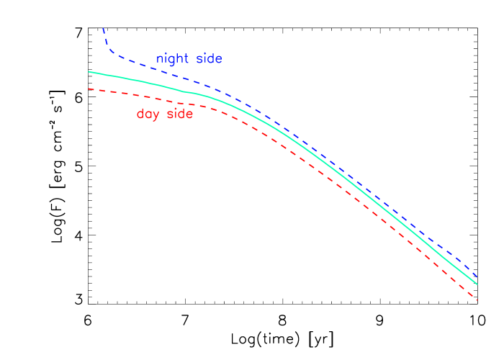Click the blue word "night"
tap(173, 59)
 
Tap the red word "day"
tap(149, 114)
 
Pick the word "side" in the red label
tap(180, 114)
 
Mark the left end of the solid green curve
tap(89, 71)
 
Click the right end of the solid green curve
tap(477, 283)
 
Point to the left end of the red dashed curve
tap(89, 89)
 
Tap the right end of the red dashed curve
tap(477, 300)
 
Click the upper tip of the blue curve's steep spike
tap(103, 28)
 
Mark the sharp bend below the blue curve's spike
tap(110, 52)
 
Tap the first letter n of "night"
tap(160, 60)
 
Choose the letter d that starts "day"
tap(140, 114)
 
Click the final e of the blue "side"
tap(218, 60)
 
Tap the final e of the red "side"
tap(189, 114)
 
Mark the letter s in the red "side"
tap(169, 114)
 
